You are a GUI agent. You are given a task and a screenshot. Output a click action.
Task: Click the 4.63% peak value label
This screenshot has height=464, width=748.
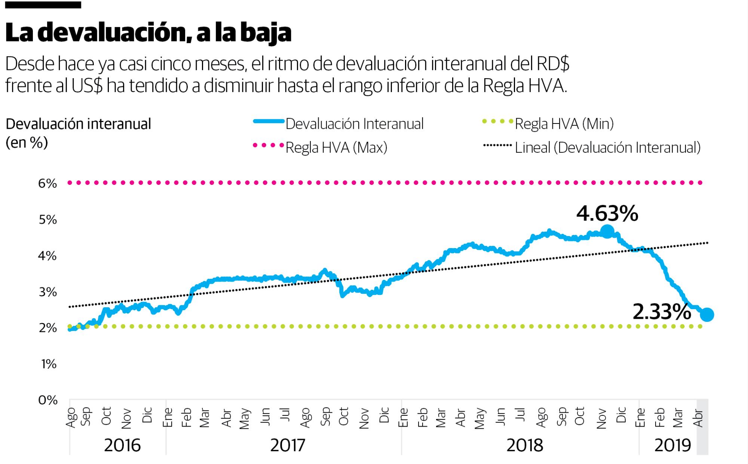[x=607, y=214]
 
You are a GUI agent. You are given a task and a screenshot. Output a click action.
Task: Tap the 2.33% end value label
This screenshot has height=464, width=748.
[x=661, y=312]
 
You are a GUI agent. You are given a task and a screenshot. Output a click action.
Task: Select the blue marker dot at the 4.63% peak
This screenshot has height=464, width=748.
[x=607, y=232]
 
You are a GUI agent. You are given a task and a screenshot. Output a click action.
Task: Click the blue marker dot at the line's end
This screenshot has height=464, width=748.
[x=707, y=315]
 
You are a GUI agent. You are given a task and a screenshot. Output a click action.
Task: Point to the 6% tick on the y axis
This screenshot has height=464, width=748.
[x=47, y=184]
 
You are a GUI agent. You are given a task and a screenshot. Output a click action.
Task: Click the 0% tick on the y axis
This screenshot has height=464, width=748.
[x=47, y=400]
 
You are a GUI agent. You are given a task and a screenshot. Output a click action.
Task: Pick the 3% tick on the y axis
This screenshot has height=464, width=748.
[x=47, y=292]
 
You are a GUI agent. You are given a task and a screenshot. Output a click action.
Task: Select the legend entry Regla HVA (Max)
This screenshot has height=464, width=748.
[x=336, y=148]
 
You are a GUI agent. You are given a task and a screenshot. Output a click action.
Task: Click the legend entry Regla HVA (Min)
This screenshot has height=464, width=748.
[x=564, y=124]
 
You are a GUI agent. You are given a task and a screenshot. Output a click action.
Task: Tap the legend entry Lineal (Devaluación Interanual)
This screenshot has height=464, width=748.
[x=607, y=148]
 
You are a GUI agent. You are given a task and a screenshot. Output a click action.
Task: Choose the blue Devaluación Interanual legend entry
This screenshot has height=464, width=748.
[x=354, y=124]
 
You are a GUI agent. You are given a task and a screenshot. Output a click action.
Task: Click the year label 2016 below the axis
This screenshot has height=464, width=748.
[x=122, y=446]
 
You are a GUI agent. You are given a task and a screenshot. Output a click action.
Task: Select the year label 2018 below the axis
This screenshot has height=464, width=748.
[x=525, y=446]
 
